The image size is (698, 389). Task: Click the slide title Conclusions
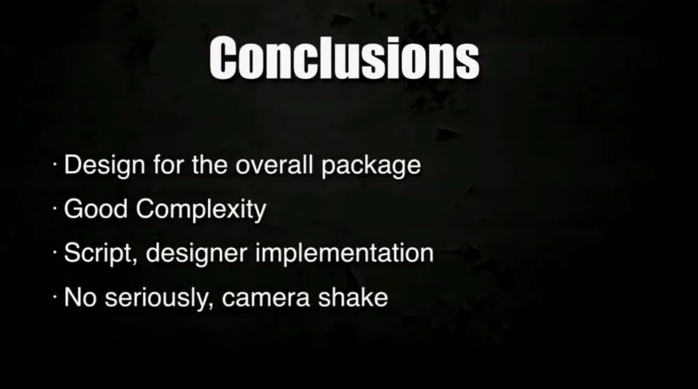coord(344,59)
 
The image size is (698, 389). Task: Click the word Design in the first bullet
coord(105,166)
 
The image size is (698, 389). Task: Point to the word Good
coord(96,209)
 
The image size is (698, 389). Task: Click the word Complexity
coord(201,210)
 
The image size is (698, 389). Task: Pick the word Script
coord(98,254)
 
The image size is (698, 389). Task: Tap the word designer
coord(196,254)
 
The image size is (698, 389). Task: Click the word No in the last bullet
coord(80,298)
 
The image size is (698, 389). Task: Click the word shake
coord(353,298)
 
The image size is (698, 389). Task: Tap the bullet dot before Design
coord(54,164)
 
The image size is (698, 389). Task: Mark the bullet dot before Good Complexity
coord(54,209)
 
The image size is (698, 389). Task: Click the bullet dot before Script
coord(54,253)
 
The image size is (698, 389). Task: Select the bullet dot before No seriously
coord(54,297)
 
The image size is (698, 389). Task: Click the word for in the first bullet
coord(168,164)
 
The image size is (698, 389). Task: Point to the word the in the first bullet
coord(209,164)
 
